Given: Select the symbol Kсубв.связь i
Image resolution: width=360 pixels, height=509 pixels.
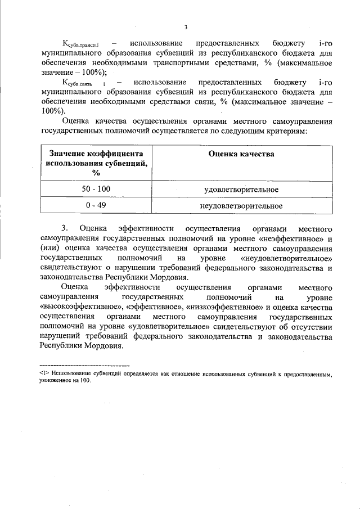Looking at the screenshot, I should pos(84,83).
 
